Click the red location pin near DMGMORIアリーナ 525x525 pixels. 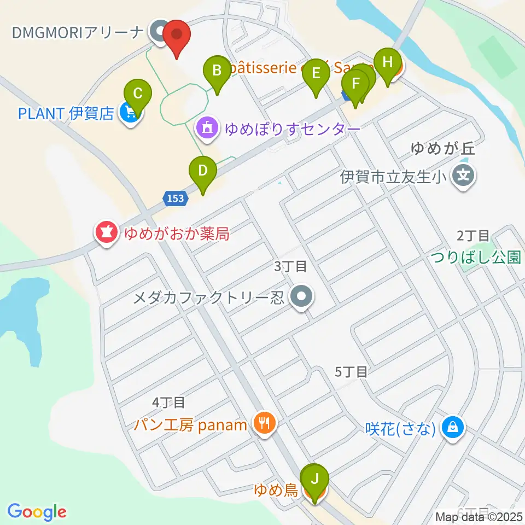coord(177,36)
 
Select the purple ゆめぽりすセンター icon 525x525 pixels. coord(207,129)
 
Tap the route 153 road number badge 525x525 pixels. coord(175,199)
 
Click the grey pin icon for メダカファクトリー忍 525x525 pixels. coord(301,297)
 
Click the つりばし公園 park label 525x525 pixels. coord(475,257)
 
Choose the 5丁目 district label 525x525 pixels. coord(351,372)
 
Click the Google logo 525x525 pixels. coord(37,512)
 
